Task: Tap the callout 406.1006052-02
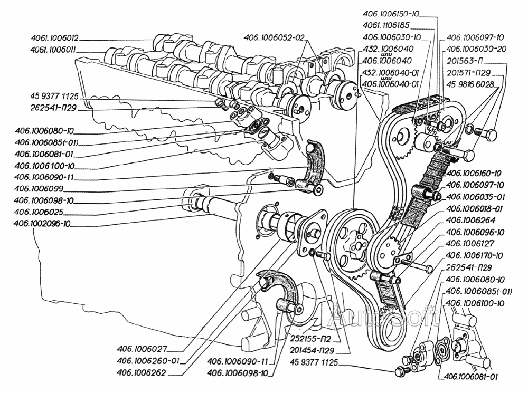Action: click(275, 37)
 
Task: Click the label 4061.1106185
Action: click(388, 25)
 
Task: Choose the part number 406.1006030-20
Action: click(475, 48)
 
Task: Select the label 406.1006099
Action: click(45, 188)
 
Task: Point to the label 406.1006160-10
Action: click(474, 174)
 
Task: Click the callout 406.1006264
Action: click(469, 221)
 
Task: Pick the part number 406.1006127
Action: click(469, 244)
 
